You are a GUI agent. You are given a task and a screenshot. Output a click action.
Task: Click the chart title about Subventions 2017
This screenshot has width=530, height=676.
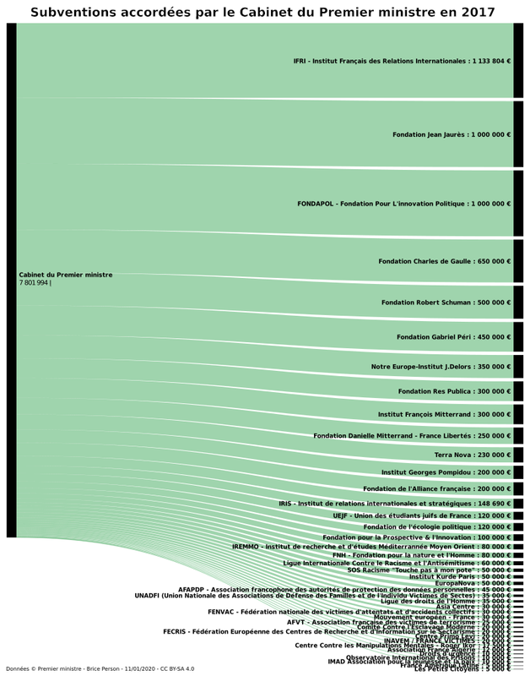tap(262, 12)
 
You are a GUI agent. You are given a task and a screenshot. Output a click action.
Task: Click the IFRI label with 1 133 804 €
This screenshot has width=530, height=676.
tap(402, 61)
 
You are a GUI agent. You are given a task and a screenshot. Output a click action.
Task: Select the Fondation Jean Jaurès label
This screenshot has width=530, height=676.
tap(452, 134)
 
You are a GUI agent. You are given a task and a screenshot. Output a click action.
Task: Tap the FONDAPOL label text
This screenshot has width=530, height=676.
tap(403, 204)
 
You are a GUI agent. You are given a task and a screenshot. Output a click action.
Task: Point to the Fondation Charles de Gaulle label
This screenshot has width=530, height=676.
tap(445, 261)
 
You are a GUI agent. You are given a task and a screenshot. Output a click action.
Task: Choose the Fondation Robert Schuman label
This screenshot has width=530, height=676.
tap(446, 303)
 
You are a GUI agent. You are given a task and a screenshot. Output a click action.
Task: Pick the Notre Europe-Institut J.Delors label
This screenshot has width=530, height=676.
tap(441, 367)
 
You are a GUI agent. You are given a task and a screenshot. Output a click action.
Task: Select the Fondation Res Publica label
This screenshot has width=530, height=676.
tap(454, 391)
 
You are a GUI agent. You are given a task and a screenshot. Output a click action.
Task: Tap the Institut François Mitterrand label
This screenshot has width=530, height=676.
tap(444, 414)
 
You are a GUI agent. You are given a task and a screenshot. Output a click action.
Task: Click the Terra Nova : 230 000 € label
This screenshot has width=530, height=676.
tap(473, 455)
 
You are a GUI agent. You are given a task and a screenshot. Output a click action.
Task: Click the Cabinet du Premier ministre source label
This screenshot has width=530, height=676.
tap(66, 275)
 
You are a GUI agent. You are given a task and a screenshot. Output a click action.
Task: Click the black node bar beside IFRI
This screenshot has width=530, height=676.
tap(518, 61)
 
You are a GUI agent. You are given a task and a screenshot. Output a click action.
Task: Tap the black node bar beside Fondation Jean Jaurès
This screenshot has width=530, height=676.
tap(518, 134)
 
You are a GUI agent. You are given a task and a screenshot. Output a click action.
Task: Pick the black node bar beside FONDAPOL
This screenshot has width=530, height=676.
tap(518, 204)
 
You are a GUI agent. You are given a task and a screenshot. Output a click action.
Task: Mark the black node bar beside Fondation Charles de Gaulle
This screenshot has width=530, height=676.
tap(518, 261)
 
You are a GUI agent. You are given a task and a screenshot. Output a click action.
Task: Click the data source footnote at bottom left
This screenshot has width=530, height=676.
tap(100, 668)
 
